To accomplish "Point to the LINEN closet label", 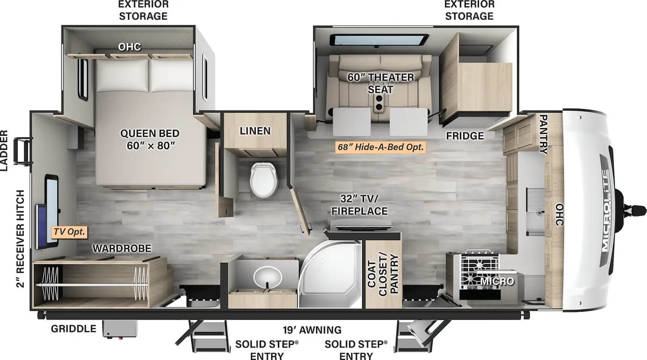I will (x=255, y=131).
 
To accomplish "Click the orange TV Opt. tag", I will (x=69, y=232).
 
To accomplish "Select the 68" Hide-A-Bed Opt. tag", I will (x=380, y=147).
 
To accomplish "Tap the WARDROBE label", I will (x=122, y=248).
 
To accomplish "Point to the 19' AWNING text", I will (x=312, y=330).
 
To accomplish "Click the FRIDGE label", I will (x=465, y=136).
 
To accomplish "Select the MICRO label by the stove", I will (x=497, y=281).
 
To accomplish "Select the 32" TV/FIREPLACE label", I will (x=359, y=205).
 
